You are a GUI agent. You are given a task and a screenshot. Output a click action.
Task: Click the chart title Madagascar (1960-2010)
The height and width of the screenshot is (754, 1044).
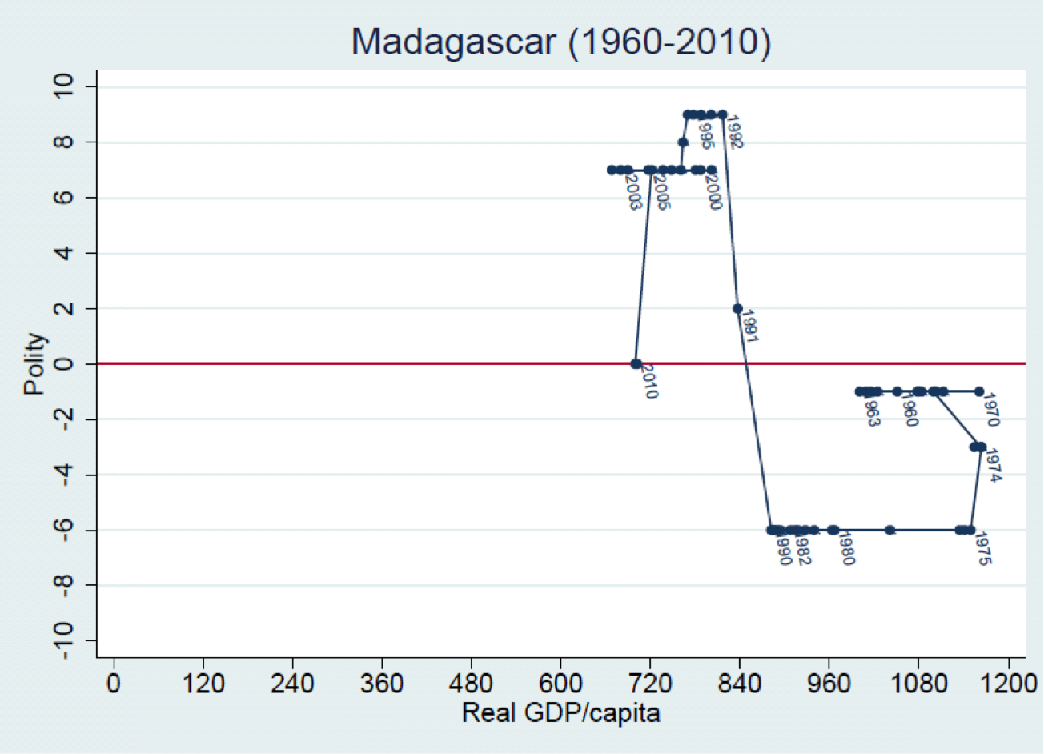560,42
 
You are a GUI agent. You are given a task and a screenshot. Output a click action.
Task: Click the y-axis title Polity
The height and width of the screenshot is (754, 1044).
34,364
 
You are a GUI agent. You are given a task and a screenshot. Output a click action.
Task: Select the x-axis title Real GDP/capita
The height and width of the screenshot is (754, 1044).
560,712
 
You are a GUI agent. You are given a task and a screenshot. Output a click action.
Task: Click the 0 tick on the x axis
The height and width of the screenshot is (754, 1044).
114,685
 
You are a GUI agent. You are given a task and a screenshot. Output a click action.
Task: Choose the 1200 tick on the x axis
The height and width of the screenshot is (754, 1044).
1007,685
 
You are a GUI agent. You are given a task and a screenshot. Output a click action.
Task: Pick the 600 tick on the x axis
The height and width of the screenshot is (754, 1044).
560,685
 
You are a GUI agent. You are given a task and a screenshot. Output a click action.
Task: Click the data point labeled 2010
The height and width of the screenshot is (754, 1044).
636,363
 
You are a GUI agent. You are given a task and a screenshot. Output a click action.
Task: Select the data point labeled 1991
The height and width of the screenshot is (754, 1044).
737,308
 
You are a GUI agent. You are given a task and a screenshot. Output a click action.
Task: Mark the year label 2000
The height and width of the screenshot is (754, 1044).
713,191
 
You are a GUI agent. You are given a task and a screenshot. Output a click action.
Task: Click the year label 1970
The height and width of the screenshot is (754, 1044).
990,410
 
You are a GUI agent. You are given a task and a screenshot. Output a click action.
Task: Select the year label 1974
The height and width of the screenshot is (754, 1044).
993,466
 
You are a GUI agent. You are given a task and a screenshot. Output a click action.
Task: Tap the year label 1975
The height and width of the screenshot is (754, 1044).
983,549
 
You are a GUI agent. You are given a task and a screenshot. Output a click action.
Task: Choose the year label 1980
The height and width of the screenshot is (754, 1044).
845,549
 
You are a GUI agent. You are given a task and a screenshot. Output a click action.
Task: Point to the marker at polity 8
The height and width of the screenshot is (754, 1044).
683,142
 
